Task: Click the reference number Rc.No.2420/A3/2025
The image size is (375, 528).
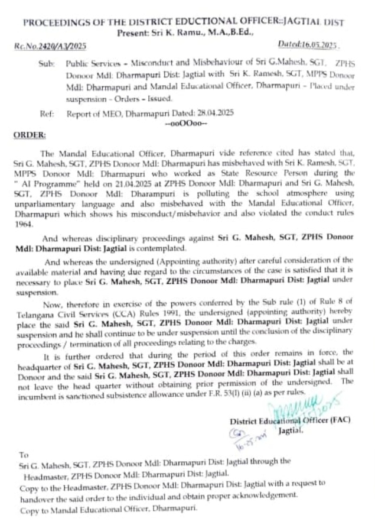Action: (48, 46)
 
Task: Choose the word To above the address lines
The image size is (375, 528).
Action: (24, 455)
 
